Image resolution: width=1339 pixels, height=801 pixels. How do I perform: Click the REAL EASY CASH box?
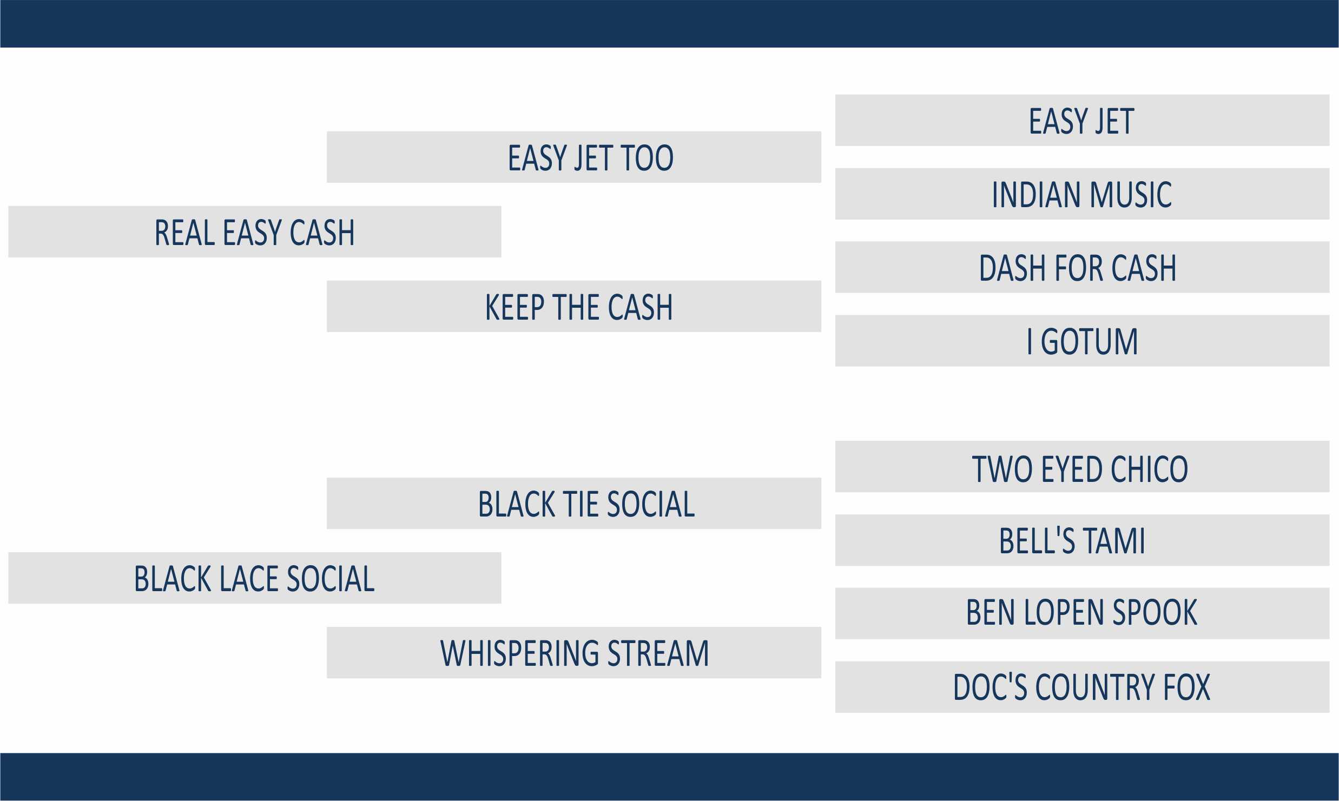click(255, 231)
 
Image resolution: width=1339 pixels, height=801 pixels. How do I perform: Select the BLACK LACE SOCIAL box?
click(255, 578)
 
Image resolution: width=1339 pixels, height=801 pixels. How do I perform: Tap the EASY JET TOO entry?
click(574, 157)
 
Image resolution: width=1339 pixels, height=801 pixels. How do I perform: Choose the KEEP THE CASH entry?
click(574, 306)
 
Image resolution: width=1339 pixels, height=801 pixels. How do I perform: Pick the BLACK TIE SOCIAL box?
click(574, 503)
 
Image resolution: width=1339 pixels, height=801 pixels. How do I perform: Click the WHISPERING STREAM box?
click(574, 652)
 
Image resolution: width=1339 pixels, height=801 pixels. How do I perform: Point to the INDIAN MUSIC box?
click(1082, 194)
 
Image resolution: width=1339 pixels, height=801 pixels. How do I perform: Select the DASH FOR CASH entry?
click(1082, 267)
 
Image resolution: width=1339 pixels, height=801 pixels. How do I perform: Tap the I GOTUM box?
click(1082, 341)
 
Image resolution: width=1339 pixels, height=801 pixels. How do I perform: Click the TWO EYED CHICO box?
click(1082, 466)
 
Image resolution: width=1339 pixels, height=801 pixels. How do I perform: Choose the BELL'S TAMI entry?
click(1082, 540)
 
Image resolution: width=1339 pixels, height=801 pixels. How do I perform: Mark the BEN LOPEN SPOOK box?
click(1082, 613)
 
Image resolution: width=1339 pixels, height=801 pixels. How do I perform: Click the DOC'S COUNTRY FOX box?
click(1082, 687)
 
